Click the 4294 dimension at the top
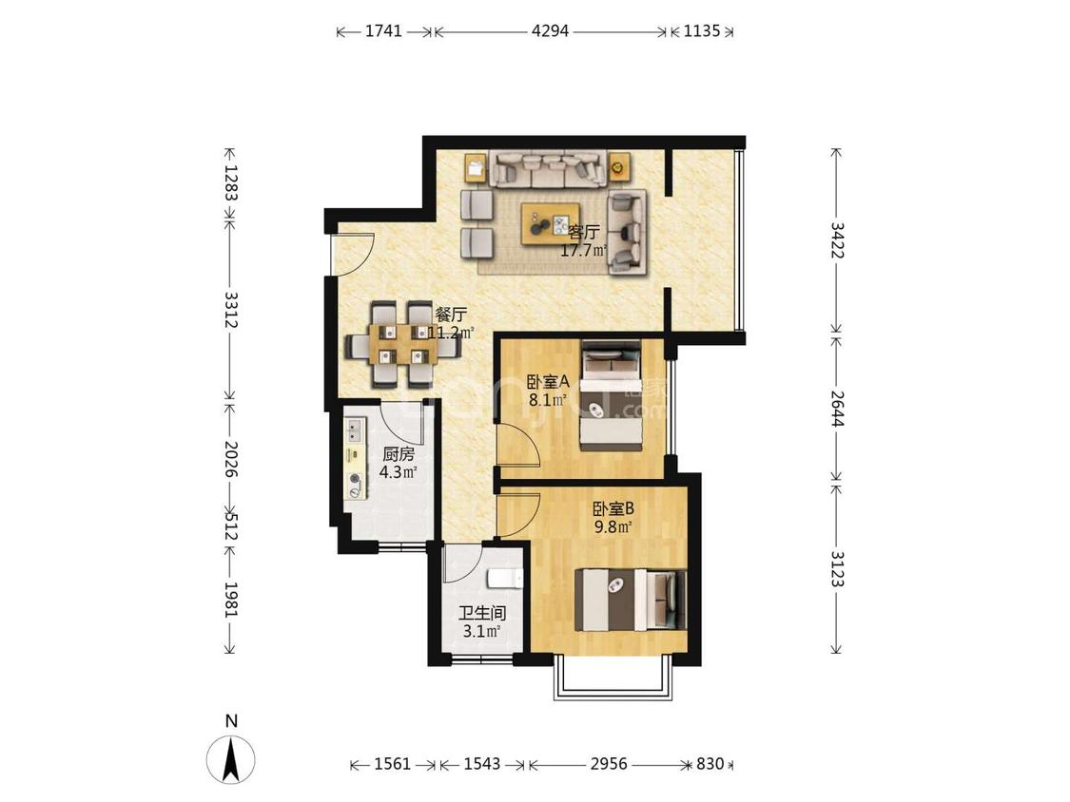(x=550, y=30)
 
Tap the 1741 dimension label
(x=384, y=30)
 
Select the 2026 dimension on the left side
(x=231, y=459)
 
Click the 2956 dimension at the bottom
(x=609, y=764)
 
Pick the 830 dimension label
(x=710, y=764)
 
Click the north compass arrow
(x=231, y=759)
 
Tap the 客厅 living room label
(x=584, y=233)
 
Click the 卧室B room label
(x=613, y=508)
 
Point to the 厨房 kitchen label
(x=398, y=454)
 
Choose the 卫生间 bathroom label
(x=482, y=614)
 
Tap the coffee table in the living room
(x=551, y=223)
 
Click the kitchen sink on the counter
(x=354, y=429)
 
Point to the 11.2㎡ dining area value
(x=451, y=333)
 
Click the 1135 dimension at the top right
(x=702, y=30)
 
